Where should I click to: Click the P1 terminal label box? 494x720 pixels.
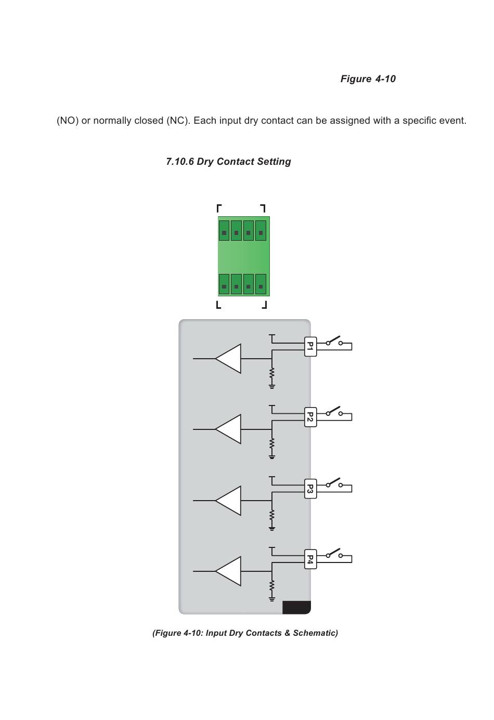310,346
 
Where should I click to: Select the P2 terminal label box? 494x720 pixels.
310,417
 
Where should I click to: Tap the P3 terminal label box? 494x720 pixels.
310,489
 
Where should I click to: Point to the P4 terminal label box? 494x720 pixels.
310,559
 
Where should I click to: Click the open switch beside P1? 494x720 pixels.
334,342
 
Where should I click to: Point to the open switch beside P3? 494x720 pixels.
334,483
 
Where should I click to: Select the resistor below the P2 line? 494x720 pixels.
271,443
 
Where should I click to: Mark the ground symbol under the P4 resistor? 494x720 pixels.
271,599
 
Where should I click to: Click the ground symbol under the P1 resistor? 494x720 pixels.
271,386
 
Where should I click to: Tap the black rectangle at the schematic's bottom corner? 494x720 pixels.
296,607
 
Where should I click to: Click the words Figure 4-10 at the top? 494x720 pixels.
368,79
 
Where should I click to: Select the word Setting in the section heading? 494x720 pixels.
274,162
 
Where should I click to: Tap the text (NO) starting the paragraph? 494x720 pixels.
68,121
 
